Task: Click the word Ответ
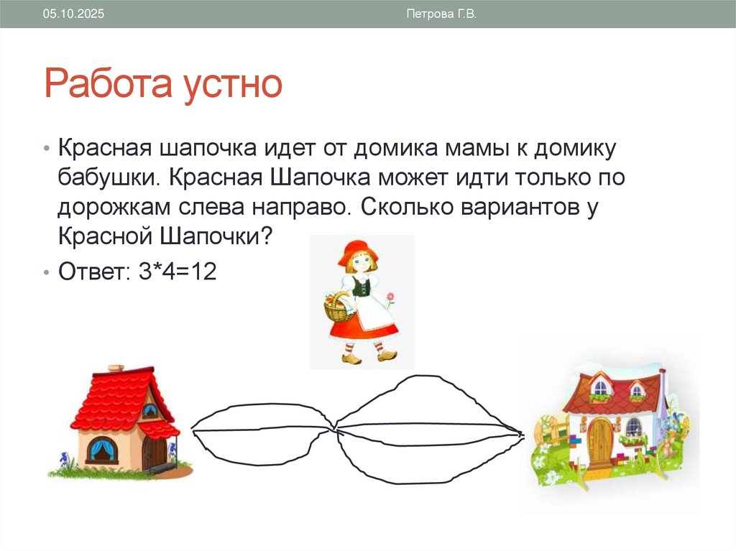[92, 272]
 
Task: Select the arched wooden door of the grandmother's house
[599, 440]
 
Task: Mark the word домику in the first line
[571, 149]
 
